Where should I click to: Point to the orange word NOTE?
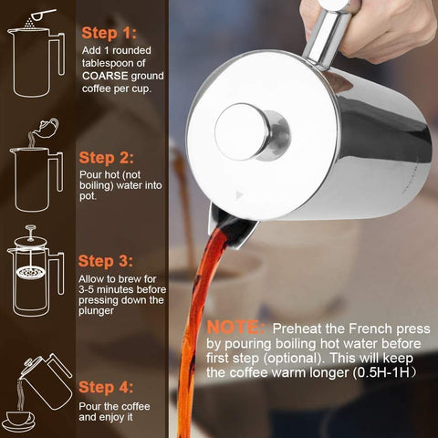click(x=235, y=327)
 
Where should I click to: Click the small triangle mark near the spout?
click(x=240, y=194)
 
